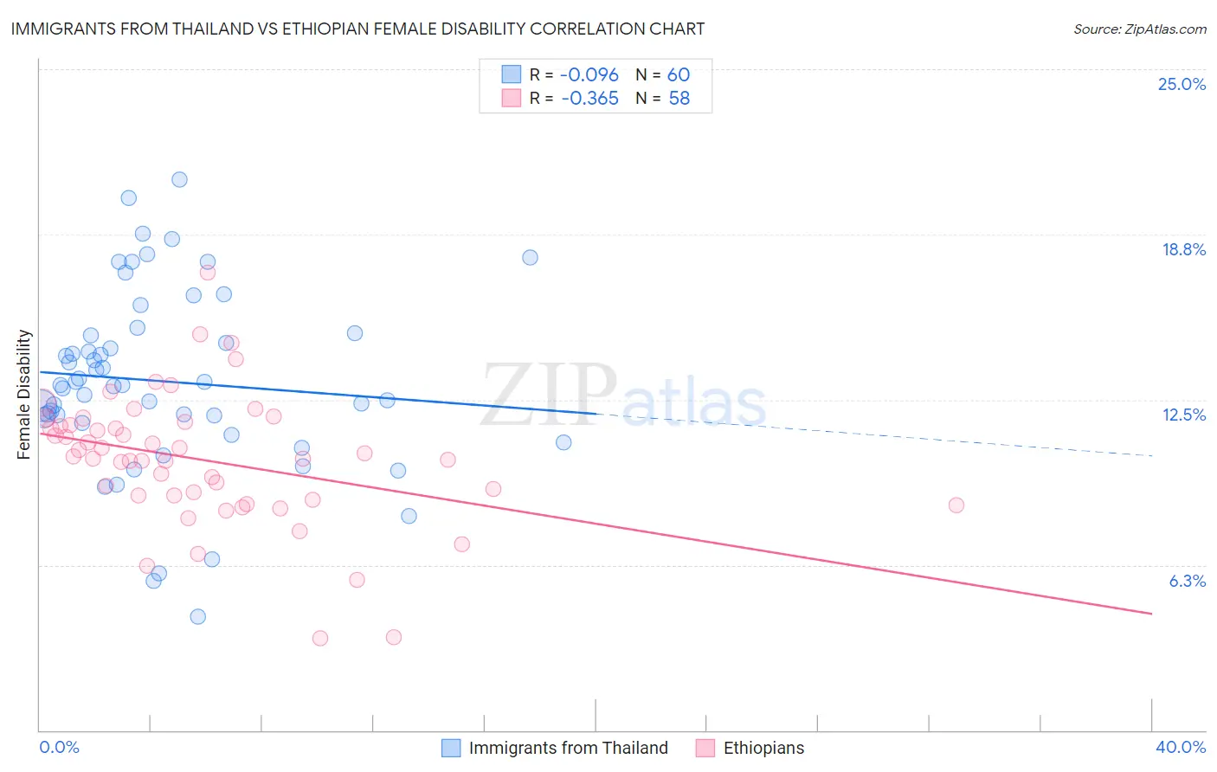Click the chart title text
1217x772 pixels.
pos(358,29)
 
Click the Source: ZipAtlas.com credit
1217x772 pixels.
pos(1139,29)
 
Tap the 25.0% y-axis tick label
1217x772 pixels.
pos(1182,84)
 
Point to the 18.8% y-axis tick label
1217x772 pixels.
pos(1183,249)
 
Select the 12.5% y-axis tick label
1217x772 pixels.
pos(1183,415)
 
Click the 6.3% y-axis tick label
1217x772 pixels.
pos(1187,581)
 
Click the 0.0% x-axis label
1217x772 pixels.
pos(60,747)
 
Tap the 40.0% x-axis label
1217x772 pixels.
pos(1180,747)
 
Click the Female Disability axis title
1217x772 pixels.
pos(24,394)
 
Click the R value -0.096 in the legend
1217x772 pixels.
pos(589,75)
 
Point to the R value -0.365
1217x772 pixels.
pos(589,99)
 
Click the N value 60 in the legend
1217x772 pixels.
pos(679,75)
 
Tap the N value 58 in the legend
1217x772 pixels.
pos(679,99)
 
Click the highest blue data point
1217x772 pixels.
pos(179,180)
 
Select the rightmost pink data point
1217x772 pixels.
pos(956,505)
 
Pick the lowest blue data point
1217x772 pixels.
pos(197,617)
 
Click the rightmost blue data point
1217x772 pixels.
pos(563,442)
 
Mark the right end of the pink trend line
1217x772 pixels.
pos(1151,614)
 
